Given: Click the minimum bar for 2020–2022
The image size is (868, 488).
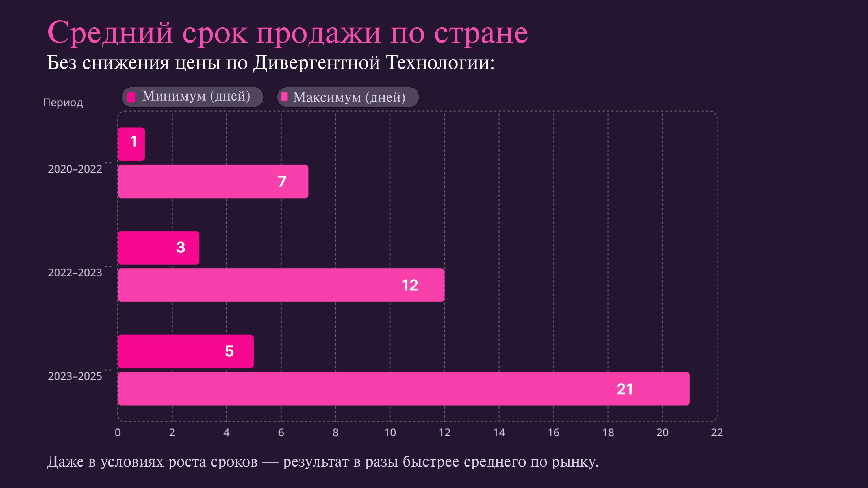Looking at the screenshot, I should pyautogui.click(x=131, y=144).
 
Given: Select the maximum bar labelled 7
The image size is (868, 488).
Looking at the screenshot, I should pyautogui.click(x=212, y=182).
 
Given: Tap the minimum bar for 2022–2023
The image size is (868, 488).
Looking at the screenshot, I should pyautogui.click(x=158, y=248).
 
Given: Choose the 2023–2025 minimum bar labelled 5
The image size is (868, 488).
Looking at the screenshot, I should pyautogui.click(x=185, y=351).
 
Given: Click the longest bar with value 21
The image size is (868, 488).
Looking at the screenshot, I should pyautogui.click(x=403, y=389).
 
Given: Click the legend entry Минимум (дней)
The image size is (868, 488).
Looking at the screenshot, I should pyautogui.click(x=192, y=97).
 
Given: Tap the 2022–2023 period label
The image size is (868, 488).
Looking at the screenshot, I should pyautogui.click(x=75, y=273).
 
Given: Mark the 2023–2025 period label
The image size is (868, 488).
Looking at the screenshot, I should pyautogui.click(x=75, y=376).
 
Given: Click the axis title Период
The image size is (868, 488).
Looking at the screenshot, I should pyautogui.click(x=63, y=103).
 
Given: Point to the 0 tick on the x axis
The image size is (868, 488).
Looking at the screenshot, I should pyautogui.click(x=118, y=432).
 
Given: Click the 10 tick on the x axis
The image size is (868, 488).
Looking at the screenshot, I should pyautogui.click(x=390, y=432).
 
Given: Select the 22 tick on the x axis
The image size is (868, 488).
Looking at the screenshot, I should pyautogui.click(x=717, y=432).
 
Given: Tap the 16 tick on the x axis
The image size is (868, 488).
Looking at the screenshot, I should pyautogui.click(x=554, y=432).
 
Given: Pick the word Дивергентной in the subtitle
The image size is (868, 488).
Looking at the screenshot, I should pyautogui.click(x=316, y=63).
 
